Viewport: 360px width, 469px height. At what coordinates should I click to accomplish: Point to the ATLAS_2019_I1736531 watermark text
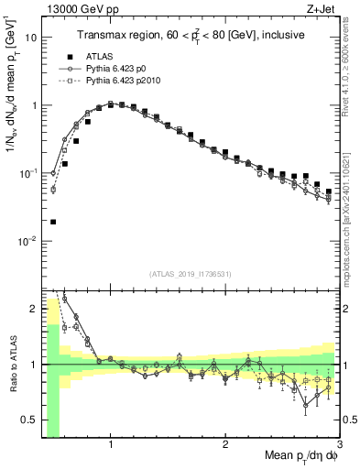click(190, 274)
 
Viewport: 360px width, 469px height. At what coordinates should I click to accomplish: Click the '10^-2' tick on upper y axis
click(28, 241)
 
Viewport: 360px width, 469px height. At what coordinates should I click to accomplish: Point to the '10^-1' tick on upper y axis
click(28, 173)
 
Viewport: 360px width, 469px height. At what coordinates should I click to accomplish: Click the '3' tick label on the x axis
click(339, 444)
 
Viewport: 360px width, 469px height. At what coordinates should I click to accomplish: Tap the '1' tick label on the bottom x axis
click(111, 444)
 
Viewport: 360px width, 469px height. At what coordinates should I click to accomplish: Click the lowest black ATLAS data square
click(53, 222)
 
